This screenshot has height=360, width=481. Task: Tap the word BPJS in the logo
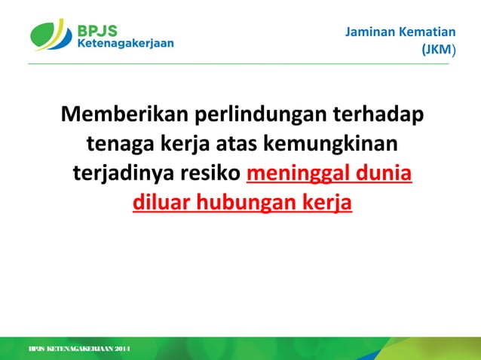pos(97,30)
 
